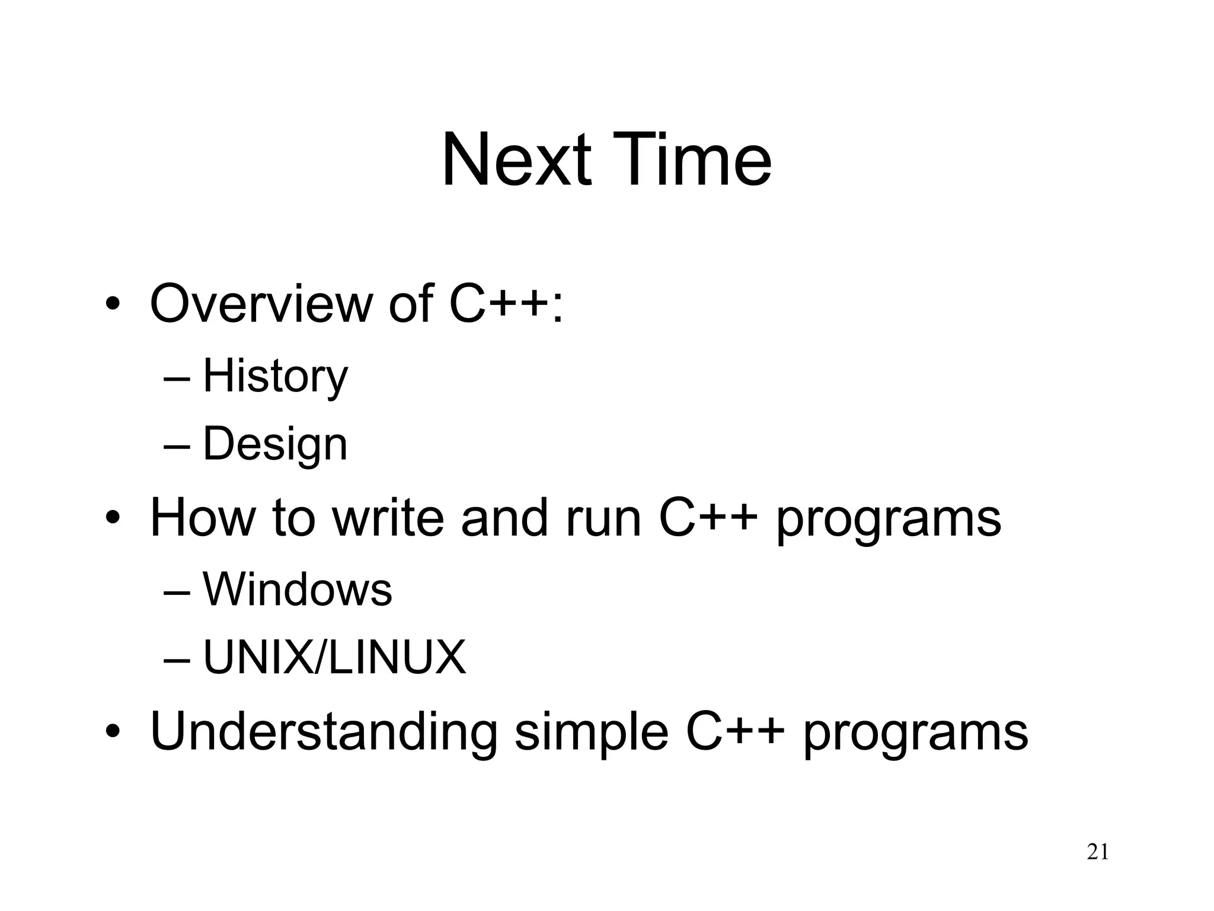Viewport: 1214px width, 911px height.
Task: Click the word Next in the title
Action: (x=516, y=160)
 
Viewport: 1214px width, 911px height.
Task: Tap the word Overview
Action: (x=260, y=304)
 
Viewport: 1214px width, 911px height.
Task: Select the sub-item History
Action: (x=275, y=376)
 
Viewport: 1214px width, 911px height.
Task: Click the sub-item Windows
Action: (x=297, y=590)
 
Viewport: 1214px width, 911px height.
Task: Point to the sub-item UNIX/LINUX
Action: (x=334, y=658)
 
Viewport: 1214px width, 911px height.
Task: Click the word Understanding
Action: (x=324, y=732)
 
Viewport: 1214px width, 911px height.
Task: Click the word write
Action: (x=388, y=518)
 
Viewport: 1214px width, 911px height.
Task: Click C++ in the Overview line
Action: (x=498, y=304)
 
